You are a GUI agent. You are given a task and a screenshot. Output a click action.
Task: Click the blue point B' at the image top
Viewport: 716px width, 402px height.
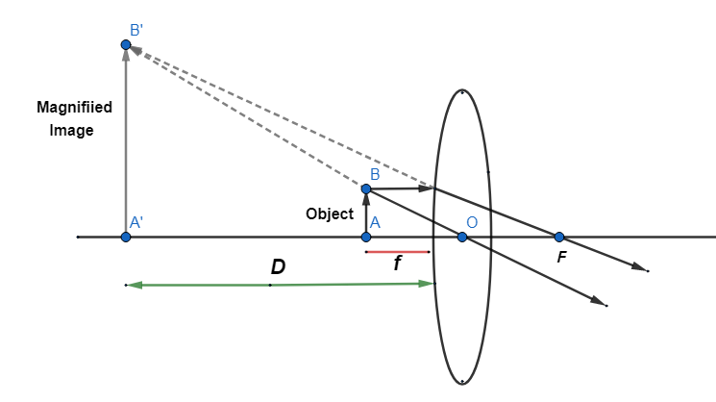(x=126, y=45)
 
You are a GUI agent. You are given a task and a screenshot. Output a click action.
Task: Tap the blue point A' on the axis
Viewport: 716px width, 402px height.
(x=126, y=237)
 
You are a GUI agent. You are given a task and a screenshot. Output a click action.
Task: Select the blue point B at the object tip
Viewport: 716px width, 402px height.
(x=366, y=188)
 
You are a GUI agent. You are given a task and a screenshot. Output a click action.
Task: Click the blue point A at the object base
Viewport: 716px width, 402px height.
(x=366, y=237)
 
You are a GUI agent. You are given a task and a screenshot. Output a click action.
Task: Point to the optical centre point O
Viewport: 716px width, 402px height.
(x=462, y=237)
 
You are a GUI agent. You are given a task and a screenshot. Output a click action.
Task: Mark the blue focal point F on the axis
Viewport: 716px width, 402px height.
(x=558, y=237)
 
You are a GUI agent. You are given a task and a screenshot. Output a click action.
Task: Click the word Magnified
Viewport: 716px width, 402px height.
(x=74, y=108)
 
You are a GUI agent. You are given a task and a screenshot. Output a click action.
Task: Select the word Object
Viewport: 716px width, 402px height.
(x=330, y=214)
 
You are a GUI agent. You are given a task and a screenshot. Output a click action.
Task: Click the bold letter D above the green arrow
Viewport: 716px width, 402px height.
(x=278, y=267)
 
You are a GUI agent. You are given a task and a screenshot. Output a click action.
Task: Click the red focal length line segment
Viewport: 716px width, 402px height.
(x=397, y=253)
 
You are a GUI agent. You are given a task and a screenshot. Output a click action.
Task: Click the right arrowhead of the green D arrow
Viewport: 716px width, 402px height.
(x=429, y=283)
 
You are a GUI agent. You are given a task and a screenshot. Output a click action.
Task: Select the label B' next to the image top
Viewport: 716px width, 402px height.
(x=137, y=30)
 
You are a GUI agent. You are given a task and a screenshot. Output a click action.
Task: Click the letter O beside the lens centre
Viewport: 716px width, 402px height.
(x=473, y=223)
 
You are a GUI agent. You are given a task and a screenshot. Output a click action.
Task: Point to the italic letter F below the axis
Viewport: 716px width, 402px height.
(x=562, y=257)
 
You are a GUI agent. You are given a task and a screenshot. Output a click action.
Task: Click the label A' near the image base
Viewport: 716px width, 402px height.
(x=136, y=222)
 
